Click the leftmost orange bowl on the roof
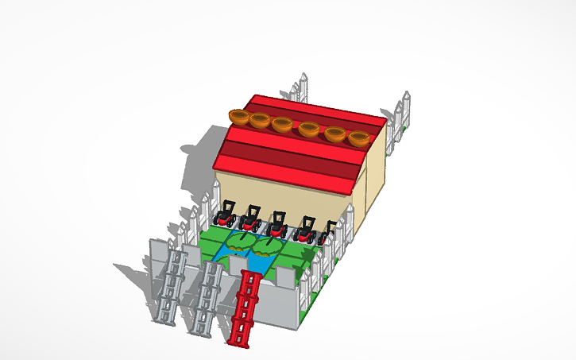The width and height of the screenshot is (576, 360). [238, 117]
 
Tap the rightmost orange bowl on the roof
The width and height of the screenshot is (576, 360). [359, 139]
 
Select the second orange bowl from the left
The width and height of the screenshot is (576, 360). [259, 120]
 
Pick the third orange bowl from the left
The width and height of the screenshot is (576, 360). [282, 125]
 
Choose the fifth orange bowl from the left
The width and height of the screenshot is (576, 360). [335, 134]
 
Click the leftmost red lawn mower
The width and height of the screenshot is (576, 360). [226, 213]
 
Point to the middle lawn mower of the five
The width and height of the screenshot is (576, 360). [277, 222]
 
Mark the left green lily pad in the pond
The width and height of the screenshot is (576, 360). [240, 240]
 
